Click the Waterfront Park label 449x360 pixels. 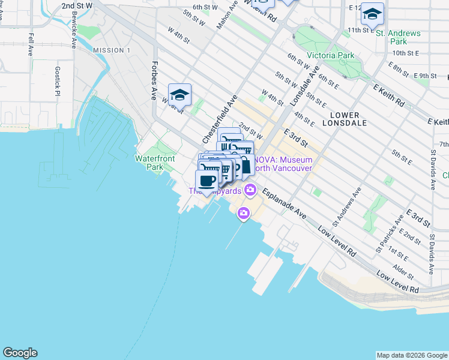coord(154,162)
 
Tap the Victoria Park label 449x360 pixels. coord(328,55)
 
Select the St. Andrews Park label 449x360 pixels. coord(398,37)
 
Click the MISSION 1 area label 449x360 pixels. coord(111,50)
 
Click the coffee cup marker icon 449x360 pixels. coord(207,181)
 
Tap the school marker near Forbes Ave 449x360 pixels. coord(179,95)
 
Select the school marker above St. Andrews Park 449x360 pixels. coord(373,14)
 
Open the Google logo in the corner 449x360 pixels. coord(20,353)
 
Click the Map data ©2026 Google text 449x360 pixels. coord(412,355)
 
